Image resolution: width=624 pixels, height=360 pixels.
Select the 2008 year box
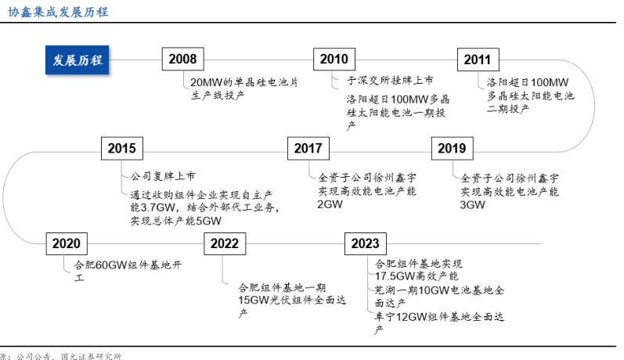pyautogui.click(x=184, y=59)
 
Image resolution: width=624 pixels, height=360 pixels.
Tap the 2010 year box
pyautogui.click(x=334, y=59)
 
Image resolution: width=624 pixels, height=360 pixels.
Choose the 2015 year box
pyautogui.click(x=122, y=149)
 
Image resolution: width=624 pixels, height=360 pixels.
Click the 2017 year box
pyautogui.click(x=308, y=149)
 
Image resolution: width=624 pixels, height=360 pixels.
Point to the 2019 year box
pyautogui.click(x=451, y=149)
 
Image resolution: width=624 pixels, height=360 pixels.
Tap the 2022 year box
pyautogui.click(x=224, y=244)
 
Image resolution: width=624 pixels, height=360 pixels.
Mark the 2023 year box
pyautogui.click(x=365, y=244)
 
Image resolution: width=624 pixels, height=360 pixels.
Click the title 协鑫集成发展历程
pyautogui.click(x=59, y=11)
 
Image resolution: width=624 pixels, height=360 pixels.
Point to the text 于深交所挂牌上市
pyautogui.click(x=390, y=81)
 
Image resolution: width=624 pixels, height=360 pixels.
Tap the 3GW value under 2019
pyautogui.click(x=473, y=204)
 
